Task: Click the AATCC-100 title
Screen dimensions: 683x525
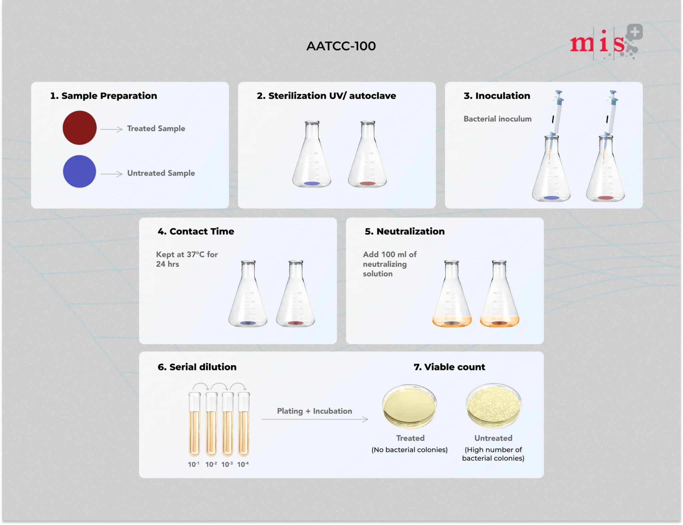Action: coord(341,46)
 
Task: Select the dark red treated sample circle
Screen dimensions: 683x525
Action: coord(80,128)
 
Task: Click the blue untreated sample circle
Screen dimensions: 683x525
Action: coord(80,171)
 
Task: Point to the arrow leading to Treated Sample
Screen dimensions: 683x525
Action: coord(112,129)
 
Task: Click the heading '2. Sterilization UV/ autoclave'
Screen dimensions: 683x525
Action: coord(326,96)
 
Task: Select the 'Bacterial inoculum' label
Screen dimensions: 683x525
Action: coord(498,119)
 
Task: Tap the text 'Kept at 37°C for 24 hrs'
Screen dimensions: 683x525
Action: coord(187,259)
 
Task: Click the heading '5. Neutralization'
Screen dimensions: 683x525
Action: coord(405,231)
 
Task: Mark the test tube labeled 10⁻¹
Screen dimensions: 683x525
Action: coord(194,424)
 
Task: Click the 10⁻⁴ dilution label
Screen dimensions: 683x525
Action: coord(243,464)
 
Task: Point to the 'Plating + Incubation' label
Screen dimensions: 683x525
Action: coord(314,411)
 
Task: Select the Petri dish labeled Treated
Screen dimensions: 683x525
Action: coord(410,406)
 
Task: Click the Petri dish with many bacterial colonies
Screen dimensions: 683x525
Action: coord(494,406)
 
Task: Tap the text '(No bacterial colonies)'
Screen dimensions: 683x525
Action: coord(410,450)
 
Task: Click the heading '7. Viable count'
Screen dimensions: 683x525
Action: coord(449,367)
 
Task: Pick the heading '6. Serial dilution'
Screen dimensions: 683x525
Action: coord(197,367)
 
